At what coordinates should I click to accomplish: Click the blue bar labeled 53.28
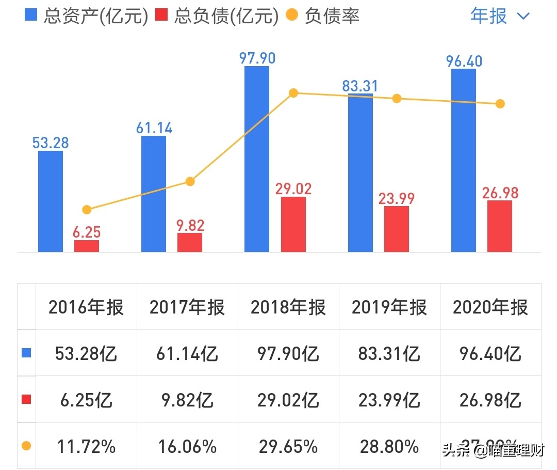(51, 201)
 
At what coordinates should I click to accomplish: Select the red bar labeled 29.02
(293, 224)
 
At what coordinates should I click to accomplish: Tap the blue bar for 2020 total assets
(463, 160)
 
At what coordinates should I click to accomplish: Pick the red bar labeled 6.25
(87, 246)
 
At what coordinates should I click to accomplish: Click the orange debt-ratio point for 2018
(293, 93)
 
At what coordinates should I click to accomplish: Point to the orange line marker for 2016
(87, 210)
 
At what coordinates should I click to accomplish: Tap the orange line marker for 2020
(499, 104)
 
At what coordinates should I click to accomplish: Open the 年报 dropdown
(499, 15)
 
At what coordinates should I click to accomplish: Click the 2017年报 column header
(187, 307)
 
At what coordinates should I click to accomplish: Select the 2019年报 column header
(389, 307)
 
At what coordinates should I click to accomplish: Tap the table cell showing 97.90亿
(288, 354)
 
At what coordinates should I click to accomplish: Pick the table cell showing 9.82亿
(187, 400)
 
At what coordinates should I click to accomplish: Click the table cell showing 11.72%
(86, 446)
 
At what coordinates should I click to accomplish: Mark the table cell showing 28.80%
(389, 446)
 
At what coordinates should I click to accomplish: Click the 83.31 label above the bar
(360, 86)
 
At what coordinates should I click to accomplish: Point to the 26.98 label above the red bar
(500, 193)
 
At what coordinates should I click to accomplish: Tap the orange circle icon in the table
(26, 446)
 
